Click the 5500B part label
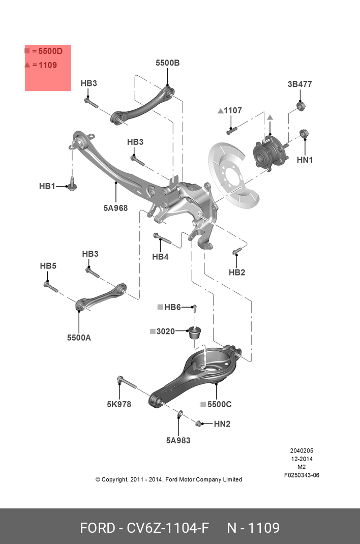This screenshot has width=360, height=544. point(167,63)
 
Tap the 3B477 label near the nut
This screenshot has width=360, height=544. point(299,84)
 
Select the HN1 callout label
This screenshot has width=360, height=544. point(305,160)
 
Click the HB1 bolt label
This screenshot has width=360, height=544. point(47,187)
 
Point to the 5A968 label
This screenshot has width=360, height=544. point(115,207)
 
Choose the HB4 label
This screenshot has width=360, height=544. point(160,257)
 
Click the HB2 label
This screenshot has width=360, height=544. point(237,272)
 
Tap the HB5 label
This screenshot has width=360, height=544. point(48,266)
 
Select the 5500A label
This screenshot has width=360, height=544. point(79,337)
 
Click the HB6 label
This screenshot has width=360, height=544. point(172,307)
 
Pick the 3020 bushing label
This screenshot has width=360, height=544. point(165,331)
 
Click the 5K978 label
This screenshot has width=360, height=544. point(119,404)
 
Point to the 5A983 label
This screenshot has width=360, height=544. point(178,440)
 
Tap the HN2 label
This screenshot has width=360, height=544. point(222,424)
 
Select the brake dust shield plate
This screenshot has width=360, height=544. point(231,173)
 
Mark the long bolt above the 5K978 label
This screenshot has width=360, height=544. point(127,382)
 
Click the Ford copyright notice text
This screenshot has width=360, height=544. point(169,479)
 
